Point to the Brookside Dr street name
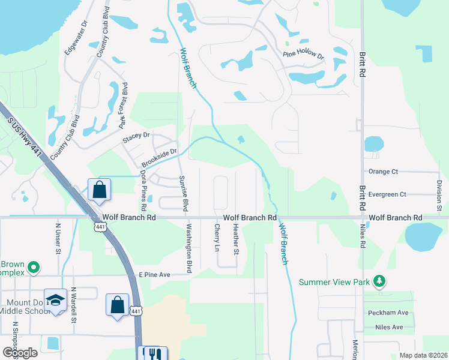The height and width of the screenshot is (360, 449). (x=160, y=158)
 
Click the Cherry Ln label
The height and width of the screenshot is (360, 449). (x=217, y=238)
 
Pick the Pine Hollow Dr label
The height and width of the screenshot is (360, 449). (x=304, y=56)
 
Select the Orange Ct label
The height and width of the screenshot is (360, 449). (x=383, y=172)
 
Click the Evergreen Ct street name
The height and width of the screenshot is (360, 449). (x=388, y=194)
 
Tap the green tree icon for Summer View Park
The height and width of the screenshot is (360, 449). (x=379, y=281)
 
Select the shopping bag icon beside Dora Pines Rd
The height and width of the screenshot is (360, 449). (x=100, y=190)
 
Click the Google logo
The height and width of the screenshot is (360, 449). (x=20, y=353)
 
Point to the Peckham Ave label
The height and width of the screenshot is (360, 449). (x=388, y=313)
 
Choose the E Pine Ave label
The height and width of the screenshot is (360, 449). (x=155, y=274)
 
